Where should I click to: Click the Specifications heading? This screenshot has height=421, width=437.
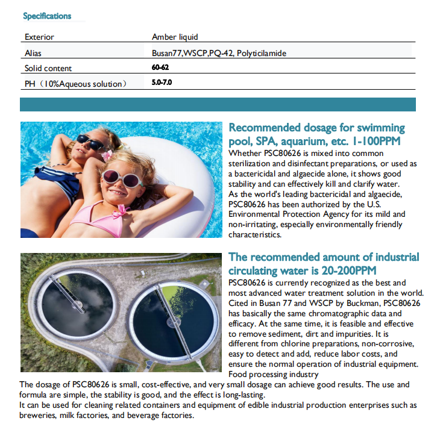(x=47, y=16)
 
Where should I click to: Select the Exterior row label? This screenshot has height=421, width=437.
(x=39, y=37)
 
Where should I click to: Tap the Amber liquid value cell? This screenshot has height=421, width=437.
(x=175, y=37)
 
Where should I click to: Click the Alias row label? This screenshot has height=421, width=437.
(x=33, y=53)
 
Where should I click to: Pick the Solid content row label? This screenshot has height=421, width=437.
(x=48, y=68)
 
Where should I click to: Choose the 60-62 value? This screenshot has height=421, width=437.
(x=160, y=67)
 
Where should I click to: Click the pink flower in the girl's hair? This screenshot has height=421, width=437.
(x=107, y=155)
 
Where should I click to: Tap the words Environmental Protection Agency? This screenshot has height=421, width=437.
(x=286, y=214)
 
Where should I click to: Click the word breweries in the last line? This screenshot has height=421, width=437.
(x=39, y=416)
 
